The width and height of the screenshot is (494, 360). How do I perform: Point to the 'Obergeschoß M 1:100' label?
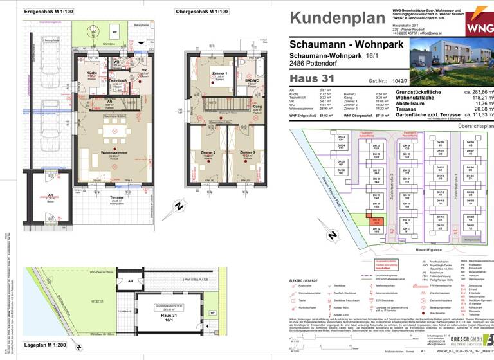pos(201,12)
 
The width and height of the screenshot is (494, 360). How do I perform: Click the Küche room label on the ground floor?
pos(92,73)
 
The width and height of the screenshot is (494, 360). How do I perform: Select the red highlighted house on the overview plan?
pos(377,221)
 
